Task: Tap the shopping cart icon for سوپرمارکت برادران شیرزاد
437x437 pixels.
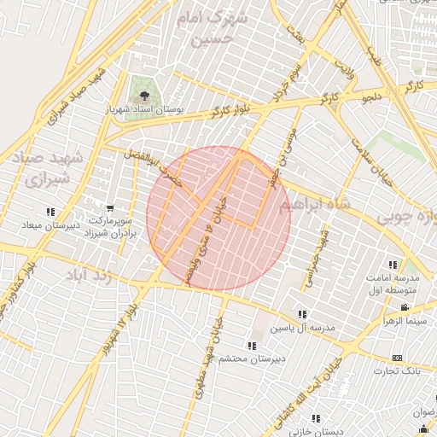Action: point(110,208)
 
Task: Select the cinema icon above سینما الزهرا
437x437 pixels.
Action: point(404,307)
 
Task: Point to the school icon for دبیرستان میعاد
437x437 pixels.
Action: point(51,213)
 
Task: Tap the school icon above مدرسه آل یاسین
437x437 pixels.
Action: point(302,315)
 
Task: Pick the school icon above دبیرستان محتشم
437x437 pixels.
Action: point(251,346)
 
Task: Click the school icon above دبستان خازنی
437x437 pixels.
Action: point(316,418)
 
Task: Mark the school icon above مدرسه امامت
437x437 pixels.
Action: point(393,265)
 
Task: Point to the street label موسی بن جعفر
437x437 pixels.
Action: point(286,154)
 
